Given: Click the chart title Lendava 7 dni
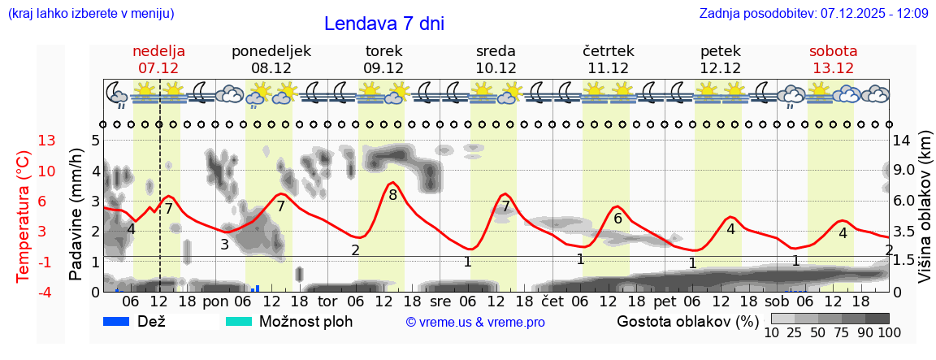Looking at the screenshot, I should [x=383, y=24].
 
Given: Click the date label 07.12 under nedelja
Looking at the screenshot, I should [x=158, y=68].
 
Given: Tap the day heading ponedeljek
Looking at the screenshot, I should [x=271, y=51].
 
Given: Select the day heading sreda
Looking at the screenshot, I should [x=496, y=51].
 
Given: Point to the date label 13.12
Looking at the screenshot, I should [x=833, y=68].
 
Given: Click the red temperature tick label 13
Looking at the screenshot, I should [x=47, y=141].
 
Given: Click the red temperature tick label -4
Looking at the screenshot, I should [x=47, y=291].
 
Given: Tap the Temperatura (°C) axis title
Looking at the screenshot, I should [x=23, y=215].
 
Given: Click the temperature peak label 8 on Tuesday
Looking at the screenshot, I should [x=392, y=195].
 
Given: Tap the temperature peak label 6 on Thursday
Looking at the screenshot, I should [x=617, y=219].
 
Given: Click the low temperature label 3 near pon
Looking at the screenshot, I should [x=224, y=244].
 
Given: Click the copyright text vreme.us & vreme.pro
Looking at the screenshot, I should [x=475, y=322].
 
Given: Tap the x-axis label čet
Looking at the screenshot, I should [x=553, y=301].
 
